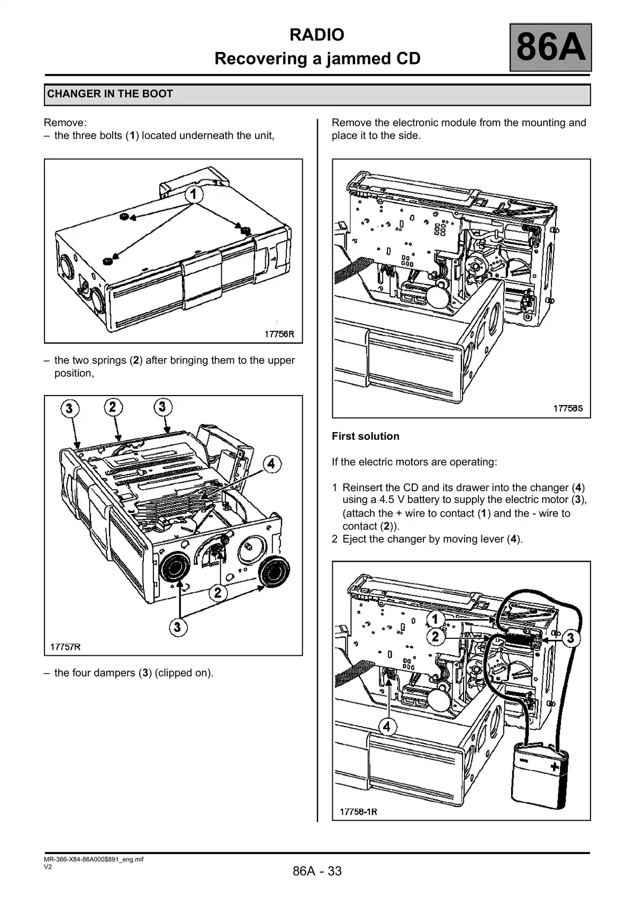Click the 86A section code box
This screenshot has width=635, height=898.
(550, 47)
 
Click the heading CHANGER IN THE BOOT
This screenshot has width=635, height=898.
(110, 94)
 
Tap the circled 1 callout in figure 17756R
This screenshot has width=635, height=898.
(194, 195)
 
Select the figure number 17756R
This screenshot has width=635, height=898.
(279, 334)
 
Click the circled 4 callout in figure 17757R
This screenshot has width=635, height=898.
(271, 464)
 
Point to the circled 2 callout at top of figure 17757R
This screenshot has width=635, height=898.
(113, 407)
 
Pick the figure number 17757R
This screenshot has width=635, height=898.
(66, 646)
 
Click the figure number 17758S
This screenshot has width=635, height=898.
(568, 408)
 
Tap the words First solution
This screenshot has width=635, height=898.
(366, 436)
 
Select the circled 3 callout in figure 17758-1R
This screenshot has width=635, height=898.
(570, 638)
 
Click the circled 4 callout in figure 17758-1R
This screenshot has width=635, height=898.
(387, 727)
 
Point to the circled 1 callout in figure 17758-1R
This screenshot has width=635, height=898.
(435, 619)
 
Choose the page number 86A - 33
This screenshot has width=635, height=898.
(317, 871)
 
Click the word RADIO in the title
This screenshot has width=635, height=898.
(317, 35)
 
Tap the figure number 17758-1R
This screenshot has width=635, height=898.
(358, 811)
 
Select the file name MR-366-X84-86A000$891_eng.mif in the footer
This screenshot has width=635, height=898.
(94, 859)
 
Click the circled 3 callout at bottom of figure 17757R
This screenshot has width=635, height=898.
(177, 627)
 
